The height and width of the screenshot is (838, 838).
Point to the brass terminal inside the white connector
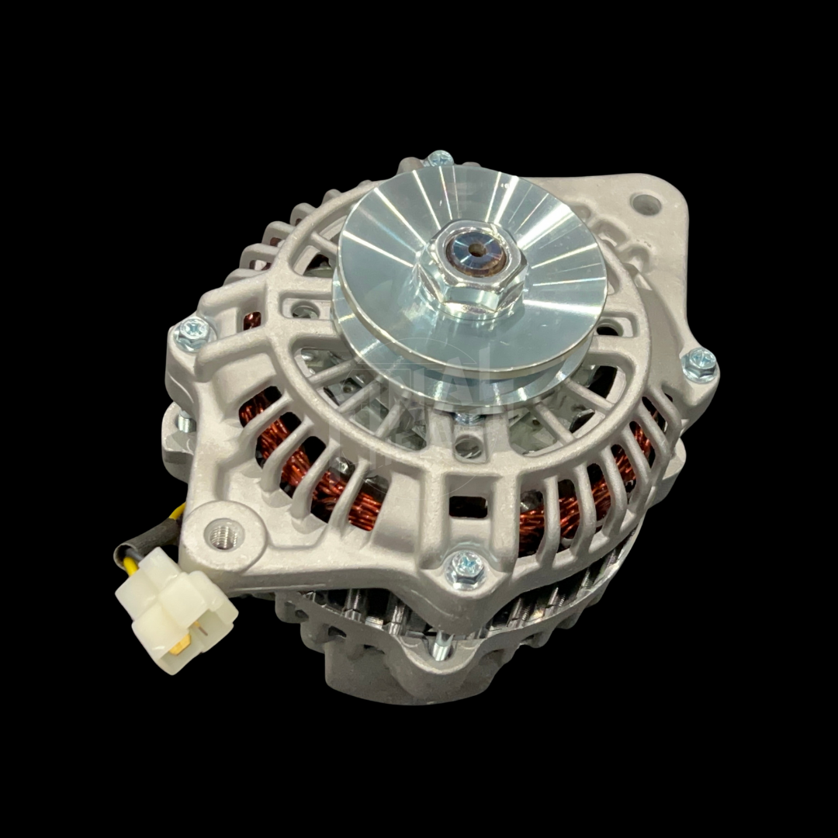(x=180, y=643)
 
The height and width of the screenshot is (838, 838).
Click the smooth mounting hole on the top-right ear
(x=646, y=205)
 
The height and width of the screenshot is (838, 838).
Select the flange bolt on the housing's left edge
(x=192, y=334)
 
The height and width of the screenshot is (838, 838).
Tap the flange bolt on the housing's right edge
(x=699, y=363)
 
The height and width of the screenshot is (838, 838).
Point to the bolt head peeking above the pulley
(x=439, y=159)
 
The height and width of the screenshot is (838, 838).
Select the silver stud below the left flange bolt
(x=185, y=423)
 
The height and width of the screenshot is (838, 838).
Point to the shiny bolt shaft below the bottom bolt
(x=440, y=644)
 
